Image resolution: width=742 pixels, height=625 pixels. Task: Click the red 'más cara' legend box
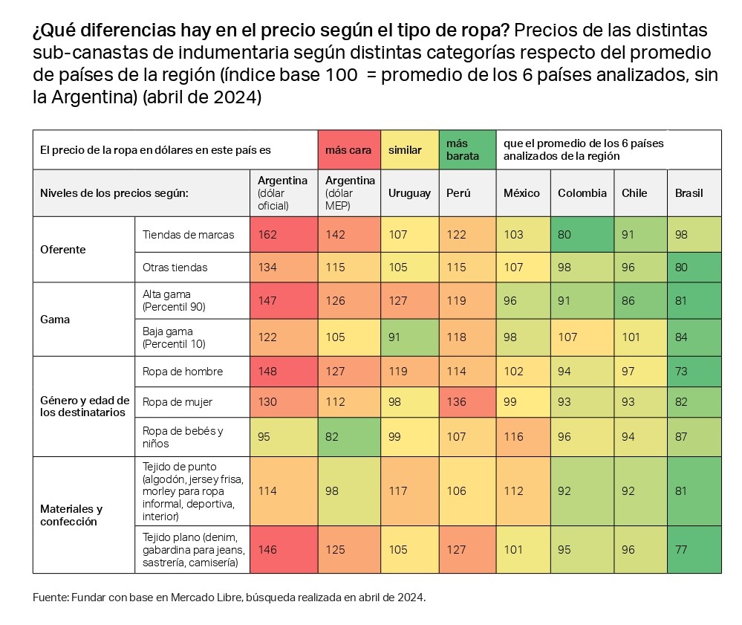(x=348, y=150)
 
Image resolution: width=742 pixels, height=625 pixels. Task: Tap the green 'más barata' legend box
(x=467, y=150)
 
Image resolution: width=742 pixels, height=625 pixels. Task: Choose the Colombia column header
(x=582, y=193)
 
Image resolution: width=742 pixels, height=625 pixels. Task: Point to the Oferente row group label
(x=63, y=250)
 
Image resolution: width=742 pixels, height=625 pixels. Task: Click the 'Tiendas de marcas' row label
(x=188, y=235)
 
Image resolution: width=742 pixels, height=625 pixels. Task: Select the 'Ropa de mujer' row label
(x=178, y=402)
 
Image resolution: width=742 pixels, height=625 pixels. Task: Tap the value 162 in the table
(x=267, y=235)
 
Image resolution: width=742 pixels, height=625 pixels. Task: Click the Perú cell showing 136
(x=457, y=402)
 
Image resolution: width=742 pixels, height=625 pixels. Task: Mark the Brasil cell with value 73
(x=681, y=372)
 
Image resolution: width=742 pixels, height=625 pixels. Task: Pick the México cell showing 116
(x=513, y=437)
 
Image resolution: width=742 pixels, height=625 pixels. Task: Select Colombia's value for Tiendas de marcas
(x=564, y=235)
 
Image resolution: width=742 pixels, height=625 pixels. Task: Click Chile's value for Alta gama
(x=628, y=301)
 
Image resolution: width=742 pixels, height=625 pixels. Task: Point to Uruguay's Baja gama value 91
(x=395, y=337)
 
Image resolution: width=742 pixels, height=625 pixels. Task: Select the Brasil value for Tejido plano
(x=681, y=550)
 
